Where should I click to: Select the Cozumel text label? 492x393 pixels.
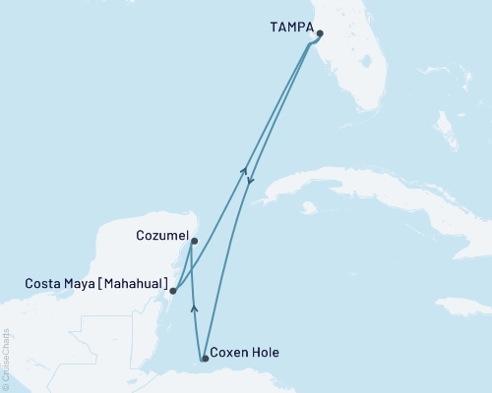click(159, 237)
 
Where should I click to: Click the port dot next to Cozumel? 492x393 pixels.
click(194, 241)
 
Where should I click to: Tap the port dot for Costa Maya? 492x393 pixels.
click(173, 291)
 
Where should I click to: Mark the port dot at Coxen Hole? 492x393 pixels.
click(205, 359)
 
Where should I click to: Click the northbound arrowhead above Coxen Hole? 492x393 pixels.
click(194, 309)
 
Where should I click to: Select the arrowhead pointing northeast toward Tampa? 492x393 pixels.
click(244, 171)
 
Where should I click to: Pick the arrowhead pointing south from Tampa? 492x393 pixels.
click(252, 181)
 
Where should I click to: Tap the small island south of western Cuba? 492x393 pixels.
click(309, 208)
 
